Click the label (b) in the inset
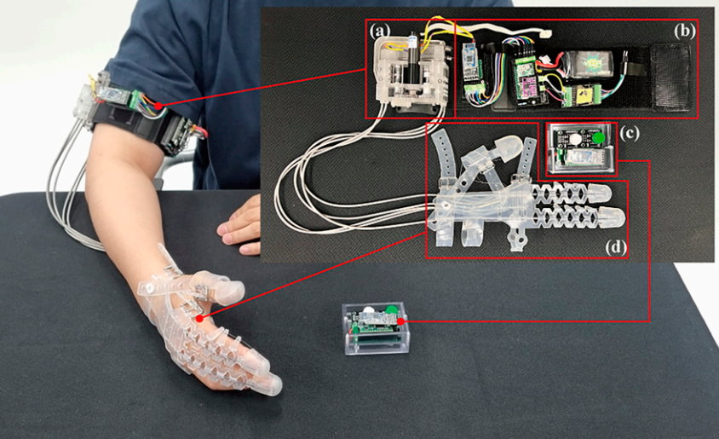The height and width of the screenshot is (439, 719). (x=683, y=30)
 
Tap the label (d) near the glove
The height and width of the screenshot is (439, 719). (x=615, y=247)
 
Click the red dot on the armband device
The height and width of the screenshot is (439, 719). (x=159, y=105)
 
